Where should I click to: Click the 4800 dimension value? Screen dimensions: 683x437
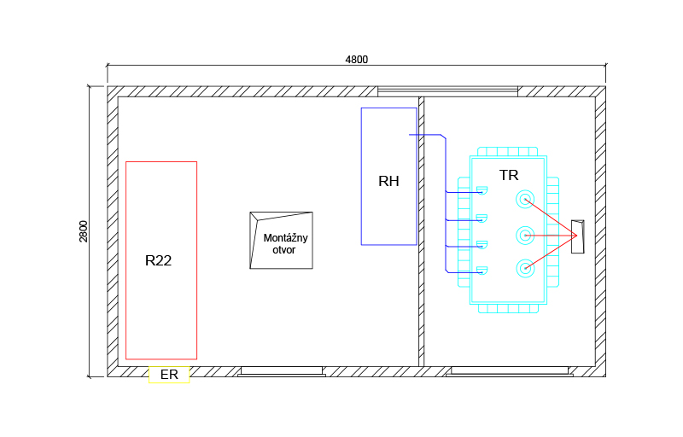point(356,60)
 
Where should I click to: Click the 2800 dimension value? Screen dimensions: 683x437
point(83,231)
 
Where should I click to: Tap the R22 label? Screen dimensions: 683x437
point(158,260)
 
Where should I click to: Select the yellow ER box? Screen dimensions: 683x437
point(169,375)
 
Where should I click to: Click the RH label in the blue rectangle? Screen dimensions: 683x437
point(388,181)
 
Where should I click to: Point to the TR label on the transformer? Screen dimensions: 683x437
point(509,175)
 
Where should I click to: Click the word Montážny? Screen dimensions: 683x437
point(285,238)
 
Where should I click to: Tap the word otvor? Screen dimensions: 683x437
point(284,250)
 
